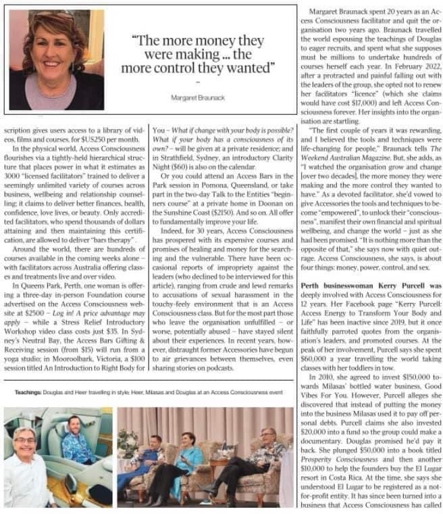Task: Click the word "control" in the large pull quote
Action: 228,69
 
